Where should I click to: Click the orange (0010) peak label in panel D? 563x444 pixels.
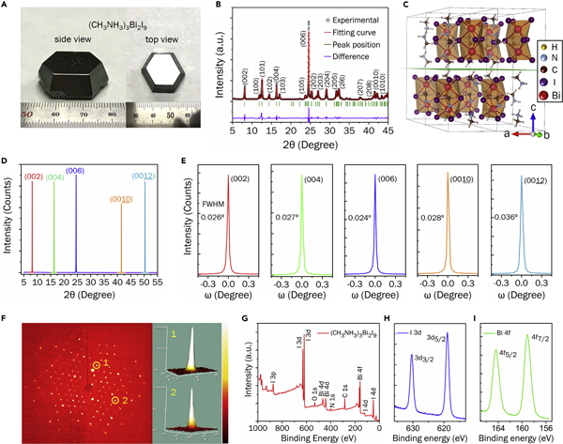coord(121,199)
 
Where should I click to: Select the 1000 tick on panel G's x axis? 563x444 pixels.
coord(257,424)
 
